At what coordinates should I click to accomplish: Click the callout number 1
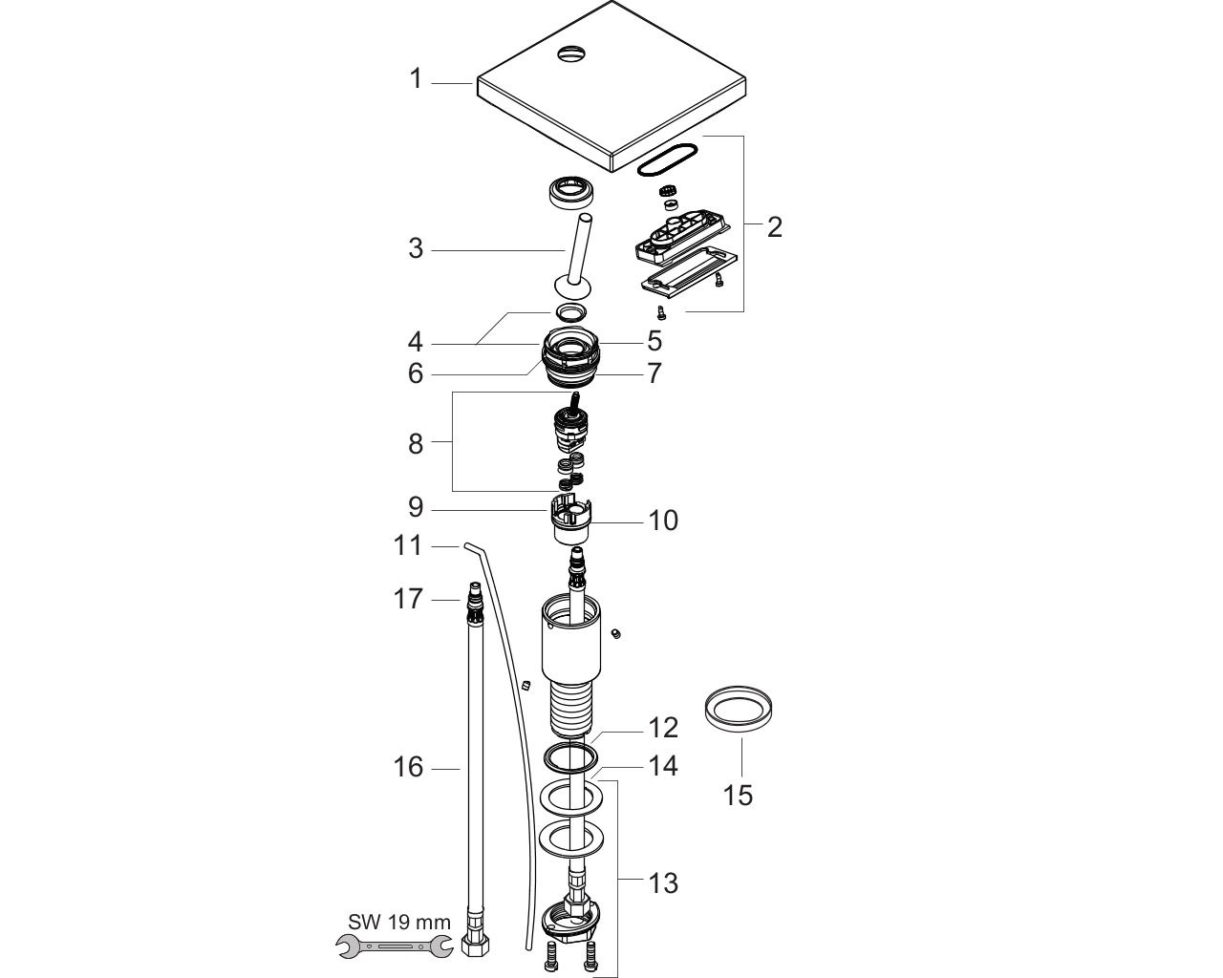coord(416,79)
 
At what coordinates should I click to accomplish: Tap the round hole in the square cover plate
coord(571,54)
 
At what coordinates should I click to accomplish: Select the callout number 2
coord(775,227)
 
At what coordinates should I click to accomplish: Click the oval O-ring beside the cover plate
coord(667,159)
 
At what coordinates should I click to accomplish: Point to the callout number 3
coord(416,249)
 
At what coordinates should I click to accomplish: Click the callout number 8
coord(416,444)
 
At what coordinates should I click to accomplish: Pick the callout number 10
coord(663,520)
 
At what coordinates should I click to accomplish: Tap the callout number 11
coord(408,545)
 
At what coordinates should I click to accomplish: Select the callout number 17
coord(408,599)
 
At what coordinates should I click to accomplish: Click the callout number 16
coord(408,767)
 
